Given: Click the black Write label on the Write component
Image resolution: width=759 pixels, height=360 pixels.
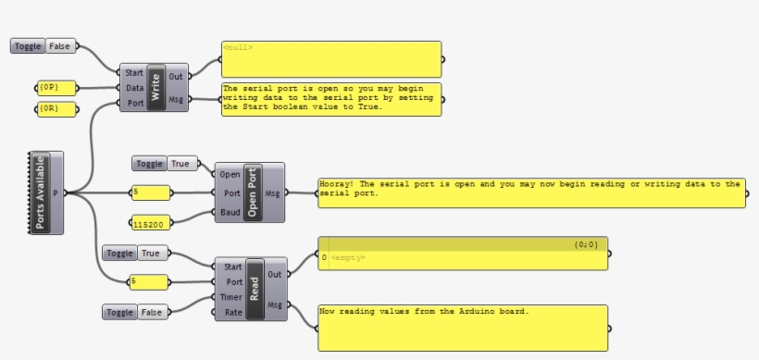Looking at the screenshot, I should point(156,87).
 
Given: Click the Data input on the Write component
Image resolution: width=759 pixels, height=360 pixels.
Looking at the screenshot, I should point(134,88).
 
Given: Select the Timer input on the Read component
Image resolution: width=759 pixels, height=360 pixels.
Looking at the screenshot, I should point(226,297).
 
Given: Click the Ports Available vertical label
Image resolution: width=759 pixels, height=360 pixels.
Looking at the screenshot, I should point(39,192).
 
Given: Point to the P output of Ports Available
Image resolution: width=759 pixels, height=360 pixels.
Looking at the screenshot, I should point(56,192).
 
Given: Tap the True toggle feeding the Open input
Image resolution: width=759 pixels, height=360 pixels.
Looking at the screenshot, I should point(180,164).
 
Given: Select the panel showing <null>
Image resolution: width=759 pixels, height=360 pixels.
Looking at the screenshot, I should point(330,57).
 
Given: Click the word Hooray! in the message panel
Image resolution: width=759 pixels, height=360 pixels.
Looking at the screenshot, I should point(338,183).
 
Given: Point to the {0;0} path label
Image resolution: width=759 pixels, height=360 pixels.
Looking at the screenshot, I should point(585,244).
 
